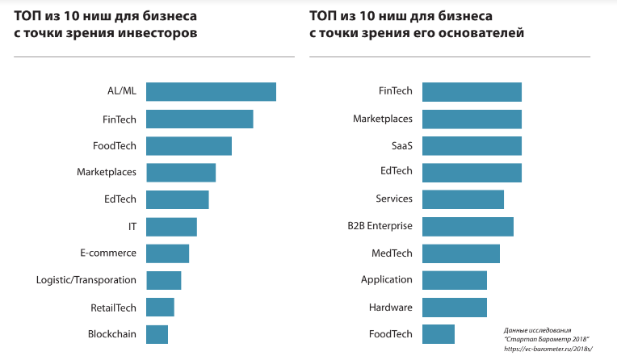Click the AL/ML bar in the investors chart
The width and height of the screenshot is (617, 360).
coord(211,92)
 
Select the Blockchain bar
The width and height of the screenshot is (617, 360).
coord(157,334)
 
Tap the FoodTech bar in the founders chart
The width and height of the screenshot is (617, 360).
coord(439,334)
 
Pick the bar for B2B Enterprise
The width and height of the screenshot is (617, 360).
coord(468,226)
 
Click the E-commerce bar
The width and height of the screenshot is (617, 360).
coord(168,253)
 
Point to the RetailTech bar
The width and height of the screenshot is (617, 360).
coord(161,308)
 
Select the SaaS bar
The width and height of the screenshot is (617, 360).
coord(472,145)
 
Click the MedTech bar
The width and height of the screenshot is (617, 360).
coord(461,253)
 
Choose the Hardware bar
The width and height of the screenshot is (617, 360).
coord(455,308)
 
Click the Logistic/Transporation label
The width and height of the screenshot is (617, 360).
coord(86,280)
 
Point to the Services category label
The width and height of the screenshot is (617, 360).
coord(394,199)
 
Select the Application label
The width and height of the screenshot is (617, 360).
coord(387,280)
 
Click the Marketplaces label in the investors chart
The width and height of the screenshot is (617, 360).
coord(107,172)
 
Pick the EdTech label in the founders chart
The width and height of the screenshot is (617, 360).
coord(397,172)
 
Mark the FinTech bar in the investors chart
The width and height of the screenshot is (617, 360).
coord(199,119)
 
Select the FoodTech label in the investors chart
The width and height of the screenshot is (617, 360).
coord(114,145)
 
